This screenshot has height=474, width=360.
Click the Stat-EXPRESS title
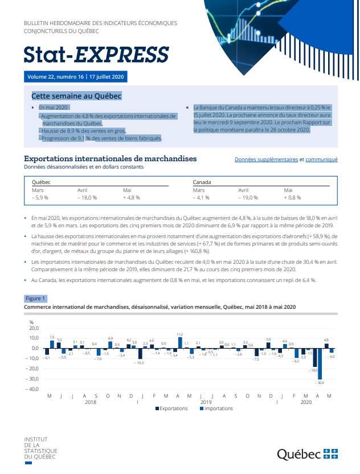coord(96,54)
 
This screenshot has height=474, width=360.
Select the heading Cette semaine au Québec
coord(76,96)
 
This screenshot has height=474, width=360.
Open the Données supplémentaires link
coord(266,160)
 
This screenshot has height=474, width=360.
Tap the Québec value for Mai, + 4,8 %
coord(132,198)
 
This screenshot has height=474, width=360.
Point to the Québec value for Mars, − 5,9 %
coord(40,198)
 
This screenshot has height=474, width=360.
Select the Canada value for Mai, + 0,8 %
coord(292,198)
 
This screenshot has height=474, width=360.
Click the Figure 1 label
coord(35,298)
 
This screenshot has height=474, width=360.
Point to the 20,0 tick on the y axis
coord(34,328)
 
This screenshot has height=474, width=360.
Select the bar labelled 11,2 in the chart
coord(179,343)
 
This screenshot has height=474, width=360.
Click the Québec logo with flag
coord(307,453)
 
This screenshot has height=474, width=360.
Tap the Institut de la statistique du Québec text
coord(40,448)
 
